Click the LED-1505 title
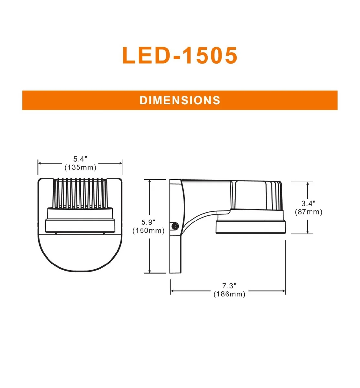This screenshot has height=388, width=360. click(180, 55)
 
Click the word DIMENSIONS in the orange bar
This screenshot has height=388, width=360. click(180, 100)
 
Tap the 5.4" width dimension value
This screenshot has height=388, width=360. click(80, 159)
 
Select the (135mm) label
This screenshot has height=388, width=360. click(80, 167)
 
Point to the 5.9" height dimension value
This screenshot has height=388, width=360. click(148, 222)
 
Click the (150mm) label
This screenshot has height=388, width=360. click(148, 231)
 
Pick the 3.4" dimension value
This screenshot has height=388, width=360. click(308, 204)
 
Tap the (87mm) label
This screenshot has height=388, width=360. click(308, 212)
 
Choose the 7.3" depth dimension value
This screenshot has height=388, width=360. click(229, 286)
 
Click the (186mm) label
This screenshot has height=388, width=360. click(229, 294)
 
